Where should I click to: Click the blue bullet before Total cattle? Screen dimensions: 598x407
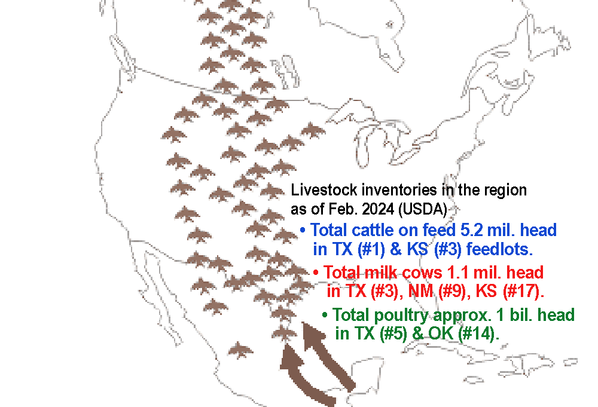click(303, 231)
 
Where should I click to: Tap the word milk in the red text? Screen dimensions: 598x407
click(382, 273)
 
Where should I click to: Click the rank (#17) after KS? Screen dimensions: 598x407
click(523, 292)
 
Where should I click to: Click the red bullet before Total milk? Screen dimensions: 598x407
click(316, 273)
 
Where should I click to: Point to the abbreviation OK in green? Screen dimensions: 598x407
click(441, 333)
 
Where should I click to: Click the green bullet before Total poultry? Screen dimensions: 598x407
click(325, 315)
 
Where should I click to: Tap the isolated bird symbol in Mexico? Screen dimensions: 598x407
click(240, 350)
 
